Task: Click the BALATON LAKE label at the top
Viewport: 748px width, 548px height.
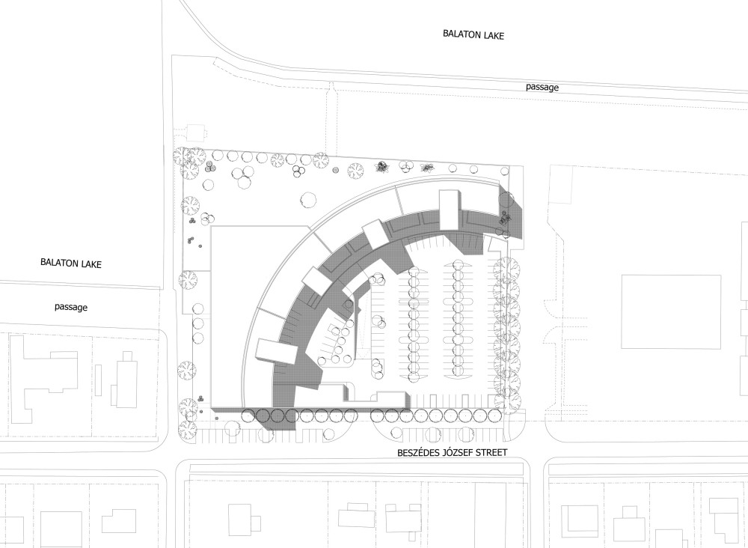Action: (x=473, y=34)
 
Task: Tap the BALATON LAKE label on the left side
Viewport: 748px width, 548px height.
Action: (x=71, y=263)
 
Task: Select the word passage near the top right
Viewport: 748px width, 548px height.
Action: (x=542, y=88)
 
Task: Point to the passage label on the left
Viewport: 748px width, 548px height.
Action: (x=71, y=307)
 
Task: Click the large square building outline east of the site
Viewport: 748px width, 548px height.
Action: (x=671, y=311)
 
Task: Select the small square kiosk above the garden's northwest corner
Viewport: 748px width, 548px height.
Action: (x=195, y=133)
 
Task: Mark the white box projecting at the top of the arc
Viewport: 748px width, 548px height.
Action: (x=450, y=210)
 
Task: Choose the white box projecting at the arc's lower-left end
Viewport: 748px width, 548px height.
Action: (x=276, y=351)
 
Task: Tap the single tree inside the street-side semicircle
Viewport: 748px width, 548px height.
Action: (x=396, y=433)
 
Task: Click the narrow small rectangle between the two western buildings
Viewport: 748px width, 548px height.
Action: (x=98, y=380)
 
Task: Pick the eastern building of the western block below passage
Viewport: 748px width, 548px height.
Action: (x=123, y=380)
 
